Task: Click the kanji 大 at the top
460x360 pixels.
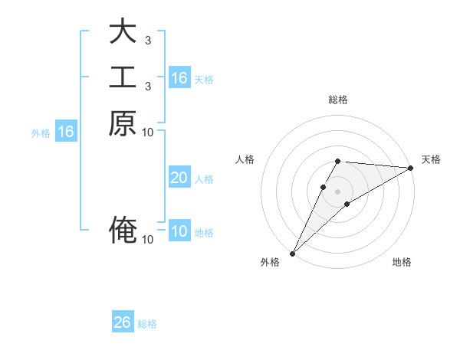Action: point(123,32)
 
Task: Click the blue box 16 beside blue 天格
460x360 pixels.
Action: point(179,78)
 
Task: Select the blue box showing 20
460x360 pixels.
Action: point(179,178)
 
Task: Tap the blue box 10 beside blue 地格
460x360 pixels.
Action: point(179,232)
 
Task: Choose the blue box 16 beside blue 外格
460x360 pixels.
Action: point(66,132)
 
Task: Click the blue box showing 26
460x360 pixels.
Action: point(123,322)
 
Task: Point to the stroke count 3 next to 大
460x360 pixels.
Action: point(147,40)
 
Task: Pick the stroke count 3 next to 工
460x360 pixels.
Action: point(147,86)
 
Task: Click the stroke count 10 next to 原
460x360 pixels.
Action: point(147,132)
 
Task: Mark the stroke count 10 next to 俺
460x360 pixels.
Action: point(147,240)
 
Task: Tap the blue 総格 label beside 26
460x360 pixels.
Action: point(148,324)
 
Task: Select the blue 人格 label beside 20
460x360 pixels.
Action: point(204,179)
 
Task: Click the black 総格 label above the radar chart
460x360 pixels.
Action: point(338,100)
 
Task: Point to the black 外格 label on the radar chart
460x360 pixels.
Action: point(270,263)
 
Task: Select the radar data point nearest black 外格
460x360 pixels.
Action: point(292,253)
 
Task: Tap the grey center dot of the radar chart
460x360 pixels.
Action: point(338,191)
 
